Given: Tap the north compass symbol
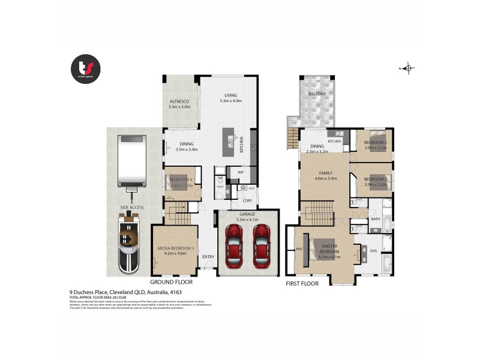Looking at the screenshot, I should pyautogui.click(x=409, y=68).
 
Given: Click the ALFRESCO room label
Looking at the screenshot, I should pyautogui.click(x=179, y=104).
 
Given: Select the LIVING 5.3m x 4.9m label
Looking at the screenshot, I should pyautogui.click(x=231, y=98).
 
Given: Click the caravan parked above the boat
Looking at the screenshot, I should pyautogui.click(x=131, y=161).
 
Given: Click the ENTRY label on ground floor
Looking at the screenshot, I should pyautogui.click(x=208, y=257).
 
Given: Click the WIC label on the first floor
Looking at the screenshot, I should pyautogui.click(x=298, y=248).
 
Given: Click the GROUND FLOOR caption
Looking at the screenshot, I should pyautogui.click(x=171, y=281).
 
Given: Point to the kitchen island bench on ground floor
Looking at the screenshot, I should pyautogui.click(x=229, y=142).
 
